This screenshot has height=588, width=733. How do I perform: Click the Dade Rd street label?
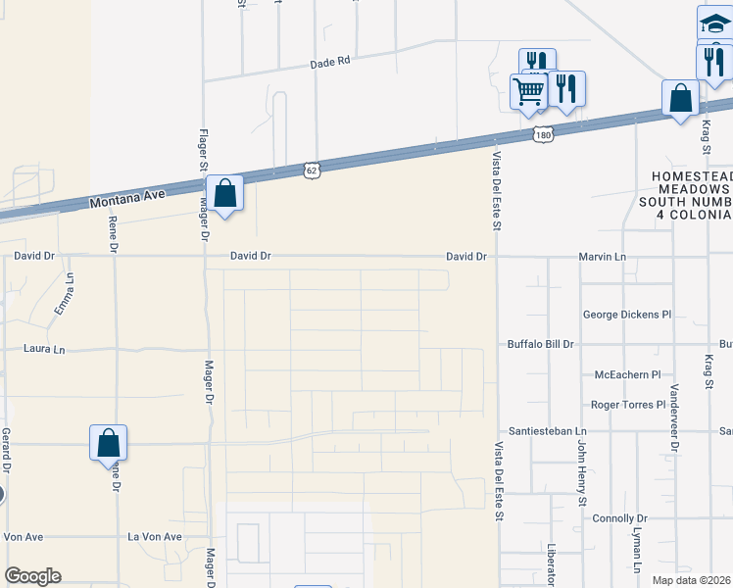pyautogui.click(x=329, y=62)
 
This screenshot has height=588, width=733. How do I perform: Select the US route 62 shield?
pyautogui.click(x=311, y=170)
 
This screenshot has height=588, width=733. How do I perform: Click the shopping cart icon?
pyautogui.click(x=529, y=91)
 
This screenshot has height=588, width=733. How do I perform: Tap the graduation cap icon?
pyautogui.click(x=714, y=24)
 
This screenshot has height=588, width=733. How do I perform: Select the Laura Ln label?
pyautogui.click(x=44, y=349)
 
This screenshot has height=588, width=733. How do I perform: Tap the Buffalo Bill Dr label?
pyautogui.click(x=540, y=345)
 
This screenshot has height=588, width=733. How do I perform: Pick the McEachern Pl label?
pyautogui.click(x=628, y=375)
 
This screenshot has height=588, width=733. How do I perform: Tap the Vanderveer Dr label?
pyautogui.click(x=674, y=416)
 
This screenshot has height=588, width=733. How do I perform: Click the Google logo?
pyautogui.click(x=32, y=576)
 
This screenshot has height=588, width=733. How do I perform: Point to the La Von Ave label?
pyautogui.click(x=156, y=537)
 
